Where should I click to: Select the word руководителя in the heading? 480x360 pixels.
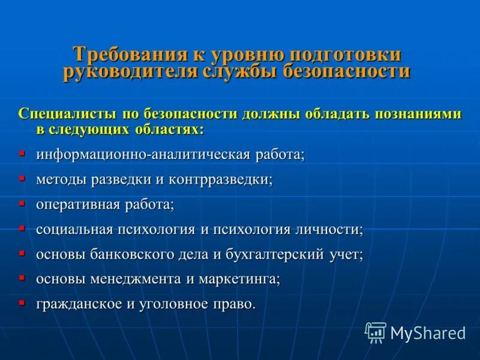click(x=122, y=73)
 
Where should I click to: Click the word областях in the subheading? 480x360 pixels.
click(x=165, y=128)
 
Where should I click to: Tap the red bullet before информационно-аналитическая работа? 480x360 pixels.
click(x=22, y=154)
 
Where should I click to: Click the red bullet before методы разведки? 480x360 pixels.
click(x=22, y=179)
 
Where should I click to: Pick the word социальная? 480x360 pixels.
click(x=74, y=229)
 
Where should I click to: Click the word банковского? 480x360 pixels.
click(x=131, y=254)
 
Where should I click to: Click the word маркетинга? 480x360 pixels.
click(x=244, y=279)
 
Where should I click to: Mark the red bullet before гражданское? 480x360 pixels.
click(x=22, y=303)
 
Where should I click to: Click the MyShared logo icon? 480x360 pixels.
click(x=376, y=332)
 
